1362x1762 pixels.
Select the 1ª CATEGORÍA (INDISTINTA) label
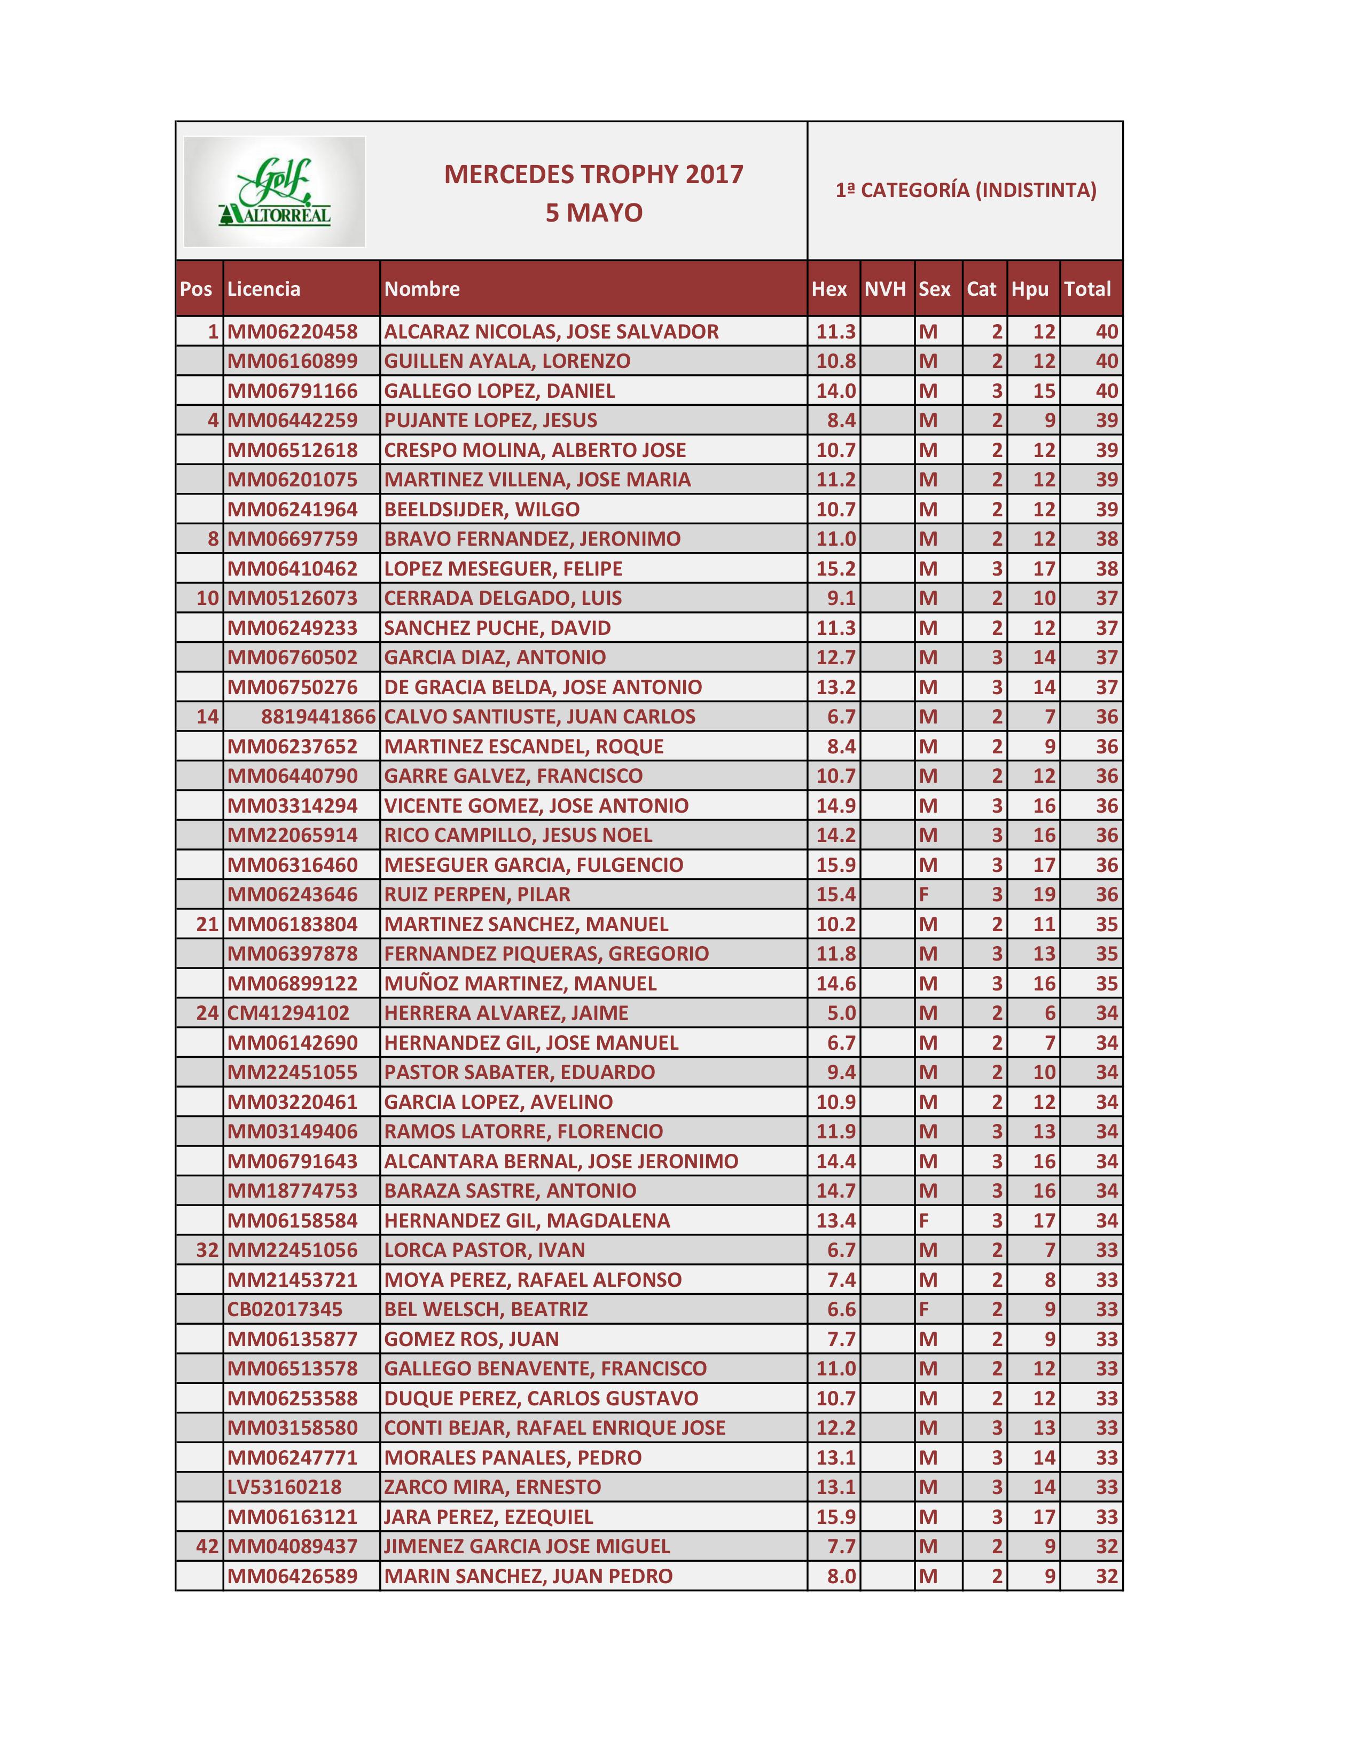[x=965, y=191]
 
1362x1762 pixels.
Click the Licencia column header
[x=264, y=289]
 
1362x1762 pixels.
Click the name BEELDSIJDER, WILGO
[x=482, y=509]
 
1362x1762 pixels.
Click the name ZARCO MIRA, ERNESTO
[x=492, y=1487]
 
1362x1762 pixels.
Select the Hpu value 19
[x=1044, y=894]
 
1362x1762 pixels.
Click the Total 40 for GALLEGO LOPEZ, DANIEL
[x=1106, y=390]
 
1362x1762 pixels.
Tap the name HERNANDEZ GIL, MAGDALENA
[x=527, y=1220]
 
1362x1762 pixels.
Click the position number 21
[x=207, y=924]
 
